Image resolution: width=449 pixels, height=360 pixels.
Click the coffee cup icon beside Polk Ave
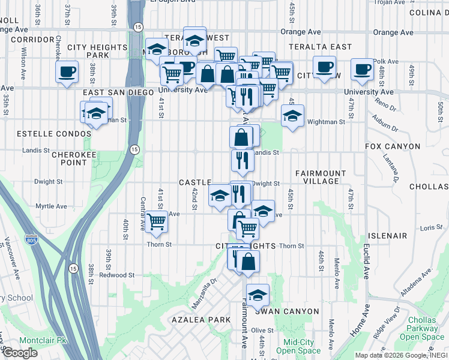[x=362, y=70]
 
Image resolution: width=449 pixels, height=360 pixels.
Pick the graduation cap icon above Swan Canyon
[x=258, y=295]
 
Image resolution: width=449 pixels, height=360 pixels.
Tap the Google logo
[x=20, y=353]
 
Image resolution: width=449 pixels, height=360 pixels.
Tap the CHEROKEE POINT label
[x=62, y=158]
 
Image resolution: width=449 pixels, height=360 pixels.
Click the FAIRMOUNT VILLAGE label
[x=321, y=177]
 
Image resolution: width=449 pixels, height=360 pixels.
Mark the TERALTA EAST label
[x=319, y=46]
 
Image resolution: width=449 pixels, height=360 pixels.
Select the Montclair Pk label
[x=41, y=340]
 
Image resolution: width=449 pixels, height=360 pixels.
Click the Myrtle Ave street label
[x=52, y=206]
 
